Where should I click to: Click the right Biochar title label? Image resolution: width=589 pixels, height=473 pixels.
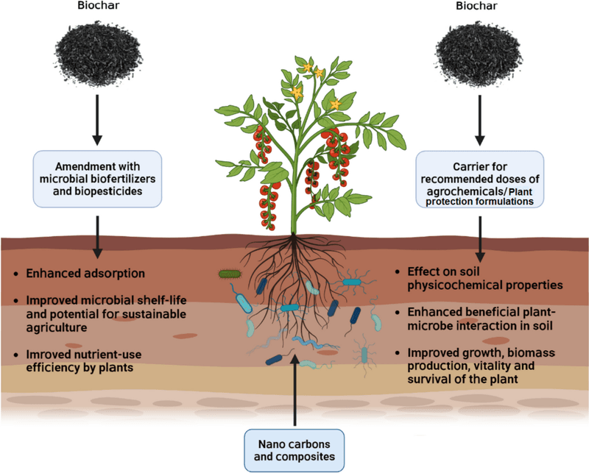pos(480,9)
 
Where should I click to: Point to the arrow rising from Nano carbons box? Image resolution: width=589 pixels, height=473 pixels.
pos(294,390)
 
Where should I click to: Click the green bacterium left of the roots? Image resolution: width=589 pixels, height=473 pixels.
pos(230,274)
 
